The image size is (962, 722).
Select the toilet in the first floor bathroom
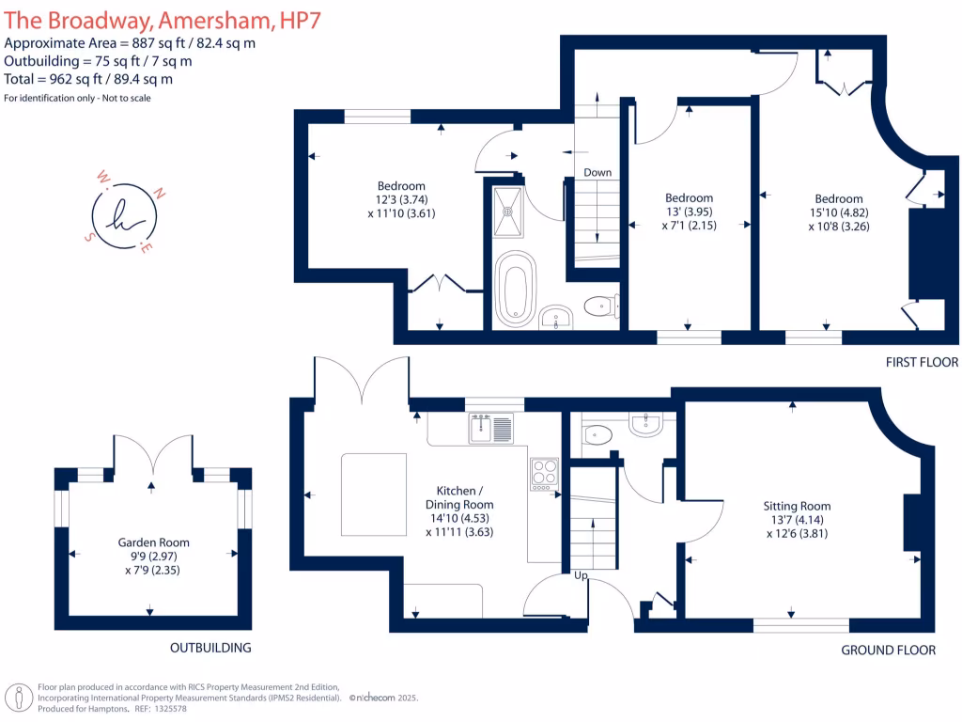[598, 306]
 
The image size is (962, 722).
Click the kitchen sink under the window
[491, 430]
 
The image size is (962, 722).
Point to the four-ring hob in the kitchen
[544, 473]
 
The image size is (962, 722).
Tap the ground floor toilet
[597, 433]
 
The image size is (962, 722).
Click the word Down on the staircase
[597, 172]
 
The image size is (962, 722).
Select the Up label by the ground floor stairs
[582, 574]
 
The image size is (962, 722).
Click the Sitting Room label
[797, 506]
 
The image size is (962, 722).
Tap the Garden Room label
[153, 542]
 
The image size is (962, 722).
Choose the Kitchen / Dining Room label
[459, 497]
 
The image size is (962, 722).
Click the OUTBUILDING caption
[210, 648]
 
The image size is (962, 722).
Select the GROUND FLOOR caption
[888, 650]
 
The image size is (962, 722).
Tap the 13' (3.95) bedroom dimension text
[689, 212]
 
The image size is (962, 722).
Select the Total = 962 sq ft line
[88, 80]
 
